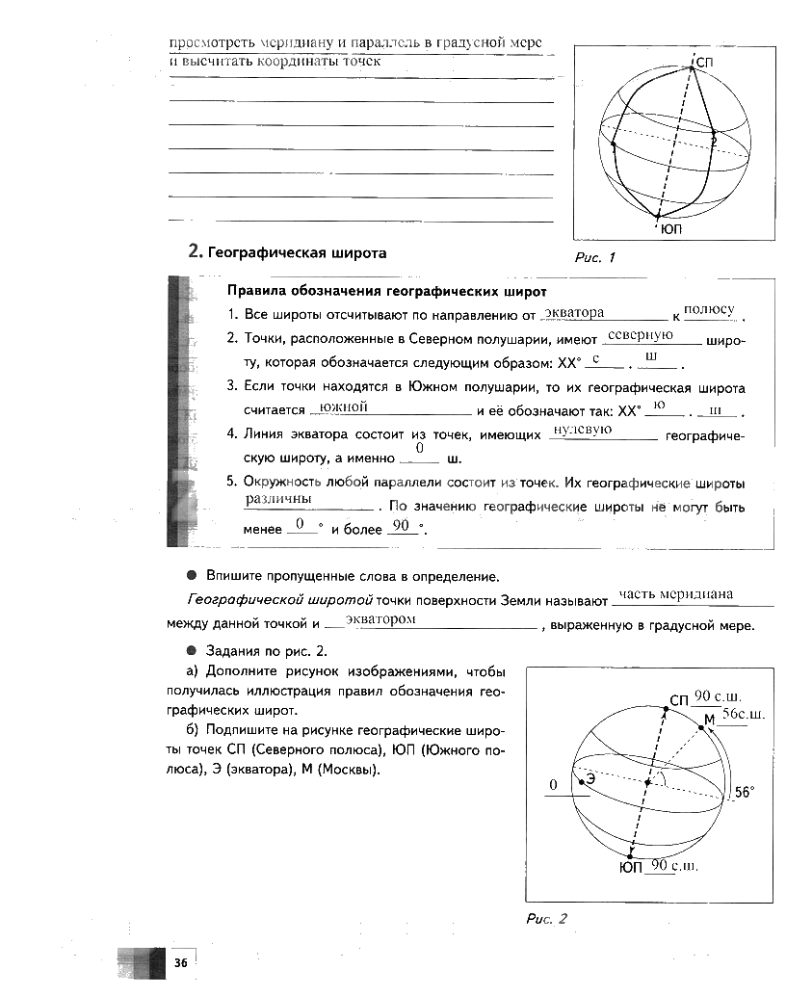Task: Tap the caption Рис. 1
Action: coord(593,257)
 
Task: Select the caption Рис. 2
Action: coord(546,919)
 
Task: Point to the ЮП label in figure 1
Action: coord(671,229)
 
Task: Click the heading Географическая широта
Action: coord(287,252)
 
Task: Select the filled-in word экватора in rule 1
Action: coord(574,312)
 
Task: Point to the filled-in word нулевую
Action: coord(585,429)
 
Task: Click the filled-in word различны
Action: coord(278,499)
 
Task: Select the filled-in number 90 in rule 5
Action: coord(402,525)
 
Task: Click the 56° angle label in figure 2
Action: coord(746,793)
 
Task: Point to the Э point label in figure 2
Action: coord(589,780)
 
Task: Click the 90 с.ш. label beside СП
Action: coord(714,695)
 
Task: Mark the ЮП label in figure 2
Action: coord(631,867)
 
